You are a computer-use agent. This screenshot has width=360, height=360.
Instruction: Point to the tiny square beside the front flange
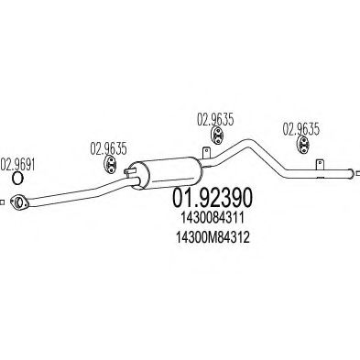click(x=4, y=201)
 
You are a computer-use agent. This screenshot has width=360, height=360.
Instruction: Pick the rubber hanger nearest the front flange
click(x=106, y=166)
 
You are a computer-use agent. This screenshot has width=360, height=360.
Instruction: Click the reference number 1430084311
click(x=212, y=217)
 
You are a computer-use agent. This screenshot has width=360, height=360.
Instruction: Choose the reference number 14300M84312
click(x=212, y=236)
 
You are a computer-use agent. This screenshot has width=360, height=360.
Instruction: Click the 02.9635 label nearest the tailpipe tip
click(x=300, y=128)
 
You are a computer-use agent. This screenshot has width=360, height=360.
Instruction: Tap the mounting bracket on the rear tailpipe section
click(x=317, y=164)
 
